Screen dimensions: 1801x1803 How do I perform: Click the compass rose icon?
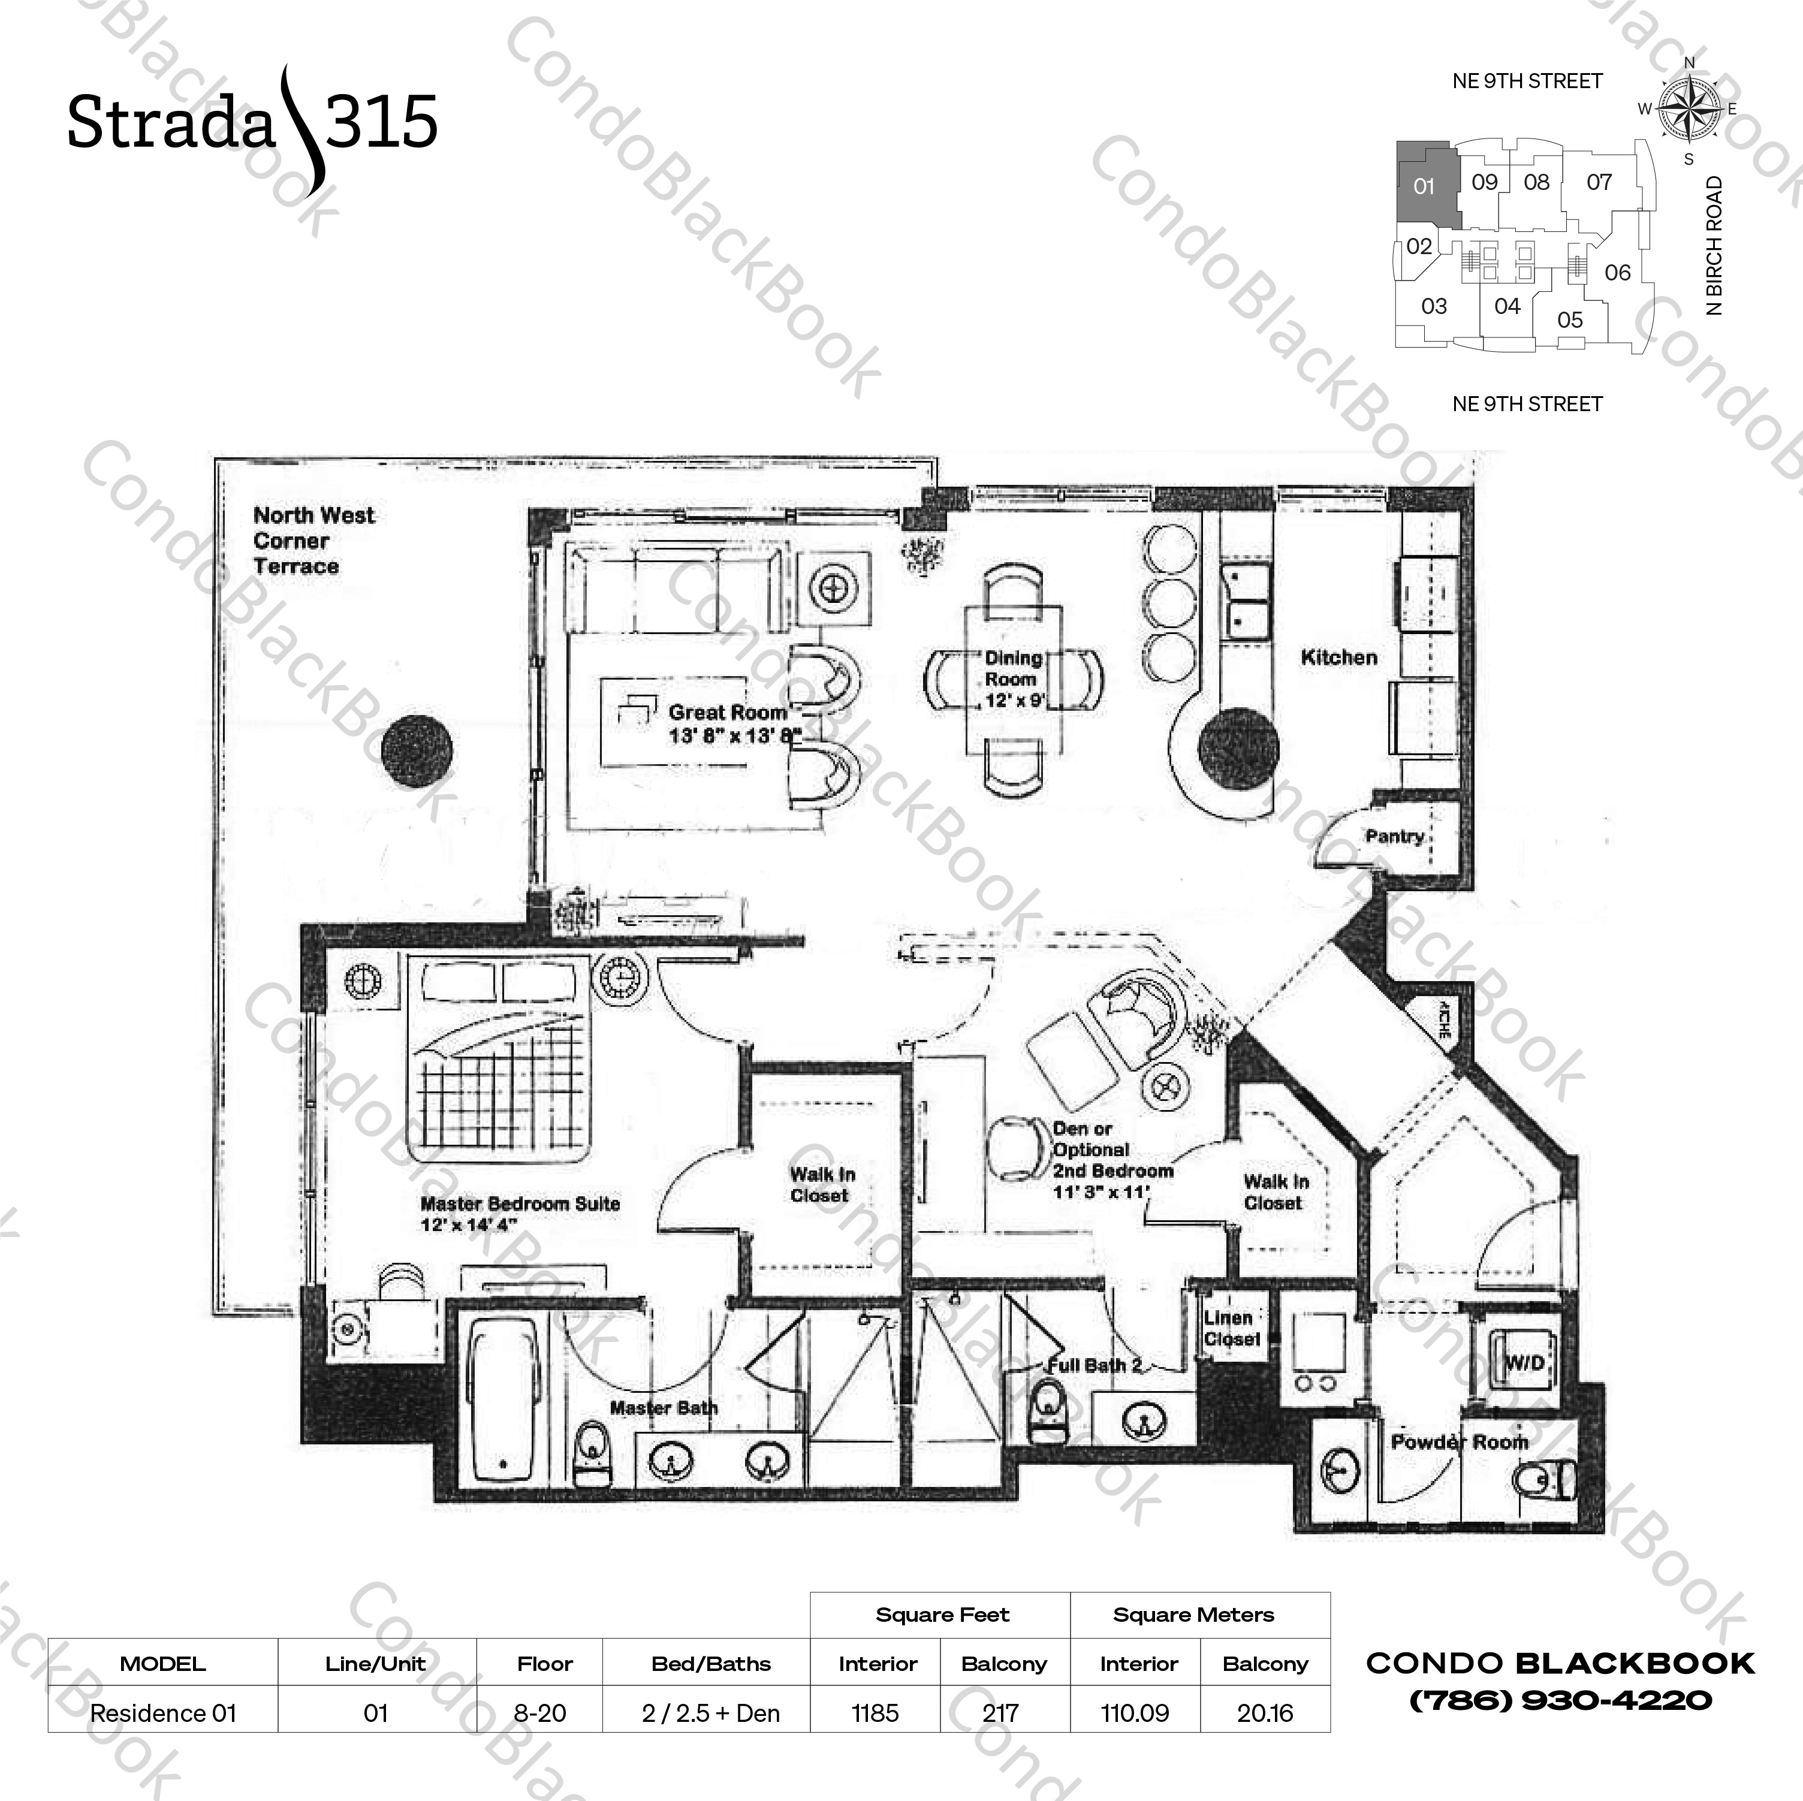coord(1690,109)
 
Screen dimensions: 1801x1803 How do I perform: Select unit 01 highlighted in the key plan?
coord(1423,186)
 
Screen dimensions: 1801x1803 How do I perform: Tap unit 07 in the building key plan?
coord(1599,182)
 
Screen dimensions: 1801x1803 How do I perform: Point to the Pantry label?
coord(1394,836)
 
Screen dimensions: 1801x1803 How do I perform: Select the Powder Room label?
coord(1458,1442)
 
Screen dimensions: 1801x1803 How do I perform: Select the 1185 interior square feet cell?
coord(875,1713)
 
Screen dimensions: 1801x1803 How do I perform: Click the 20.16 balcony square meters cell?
coord(1265,1713)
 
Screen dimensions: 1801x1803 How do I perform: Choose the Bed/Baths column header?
coord(710,1664)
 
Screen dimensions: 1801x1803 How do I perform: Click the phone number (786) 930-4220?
coord(1560,1700)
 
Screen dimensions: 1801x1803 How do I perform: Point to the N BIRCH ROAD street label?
coord(1714,245)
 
